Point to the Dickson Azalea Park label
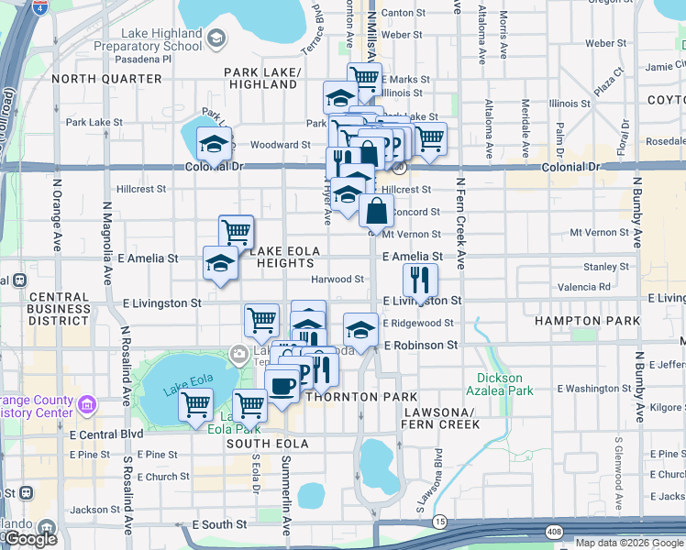point(499,383)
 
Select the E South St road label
point(219,525)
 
